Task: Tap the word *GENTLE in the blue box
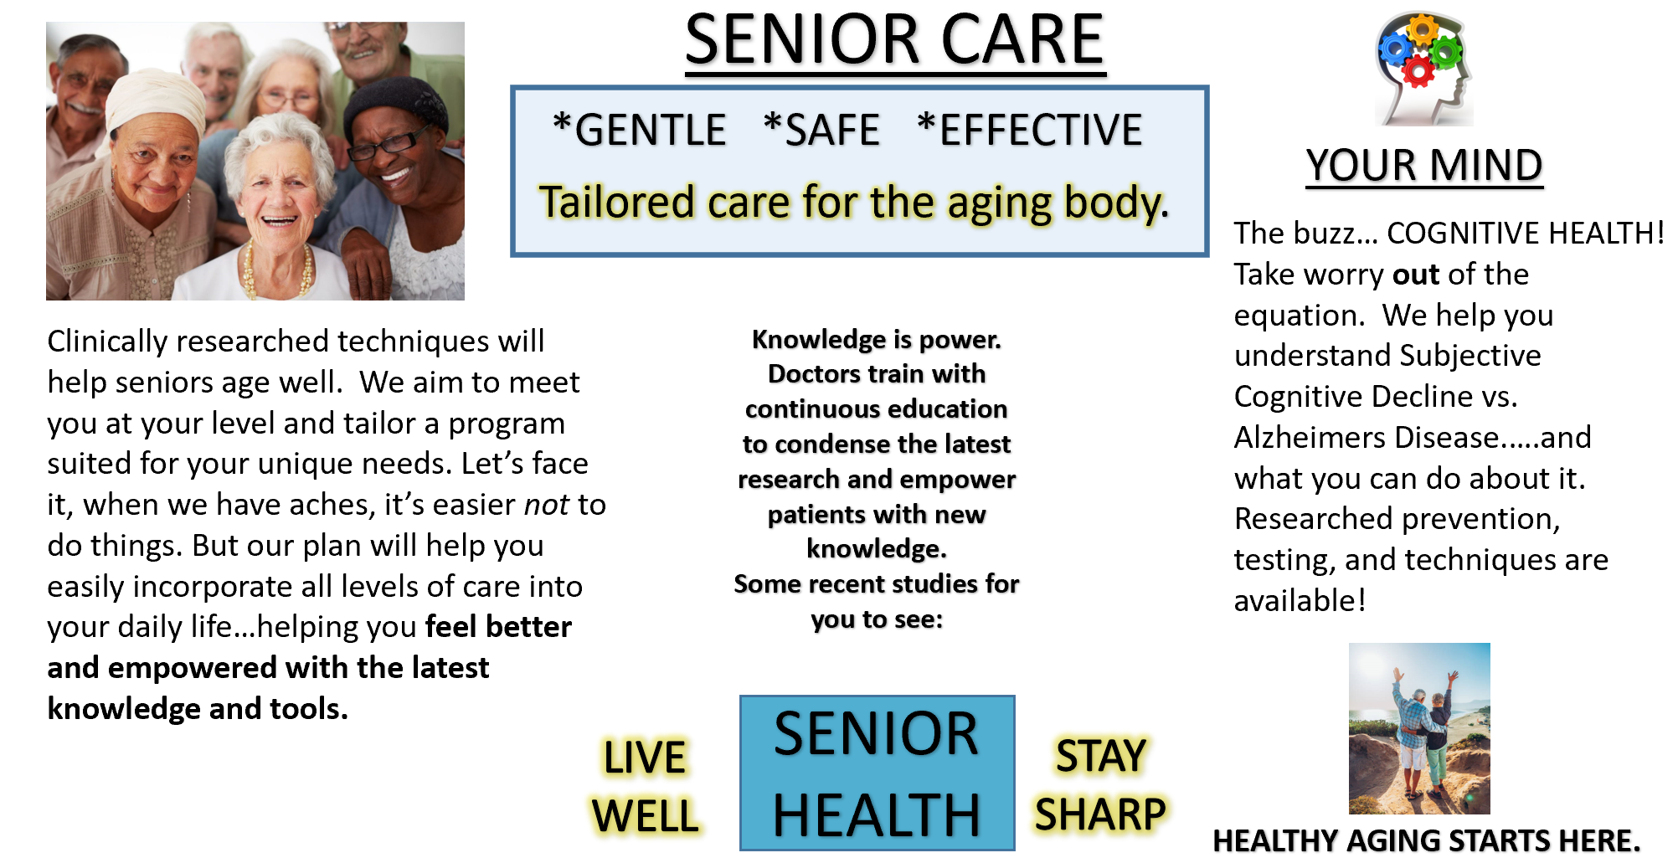click(640, 131)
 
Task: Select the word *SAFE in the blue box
click(821, 131)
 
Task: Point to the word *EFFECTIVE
click(1030, 131)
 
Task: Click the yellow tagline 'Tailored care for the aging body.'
click(854, 203)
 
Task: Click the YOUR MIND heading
click(1424, 165)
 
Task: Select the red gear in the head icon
click(1418, 71)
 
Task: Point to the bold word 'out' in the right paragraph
click(1416, 275)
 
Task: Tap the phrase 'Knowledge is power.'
click(877, 339)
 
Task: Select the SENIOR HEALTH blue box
click(877, 773)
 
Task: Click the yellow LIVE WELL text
click(645, 787)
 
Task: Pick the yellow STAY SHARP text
click(1100, 785)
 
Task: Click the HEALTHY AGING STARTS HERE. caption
click(1427, 840)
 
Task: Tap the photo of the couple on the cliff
click(1419, 728)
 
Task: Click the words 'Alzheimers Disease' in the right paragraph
click(1366, 438)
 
